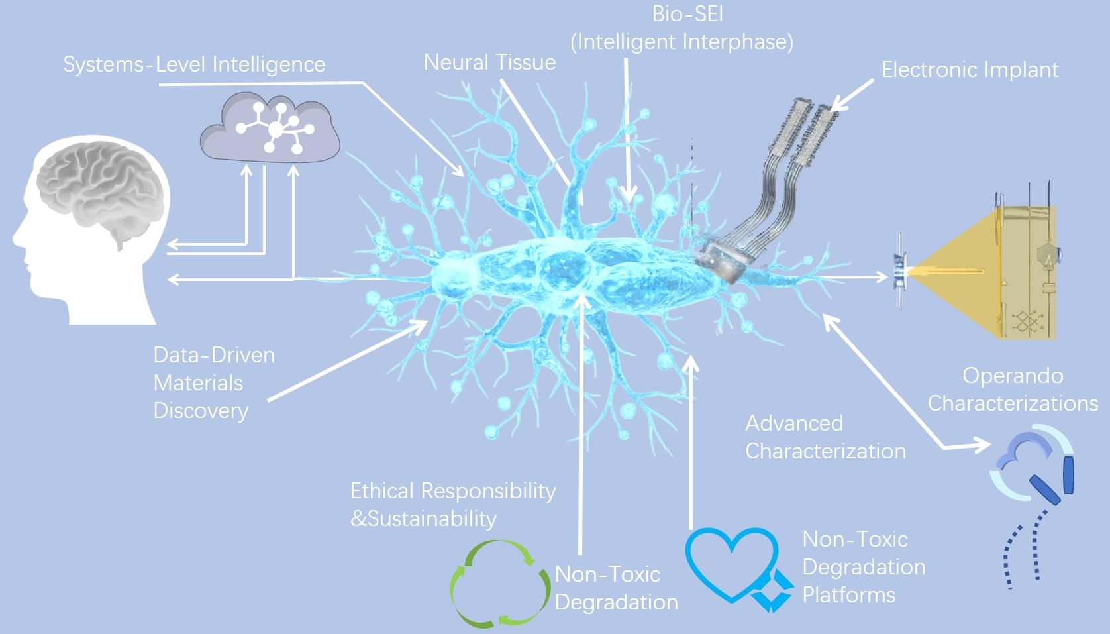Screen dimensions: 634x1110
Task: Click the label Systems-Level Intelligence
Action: pyautogui.click(x=194, y=65)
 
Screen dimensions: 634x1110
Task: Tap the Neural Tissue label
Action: pyautogui.click(x=489, y=62)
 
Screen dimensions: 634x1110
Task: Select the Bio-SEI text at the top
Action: pyautogui.click(x=682, y=14)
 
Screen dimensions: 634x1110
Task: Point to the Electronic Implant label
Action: pyautogui.click(x=970, y=70)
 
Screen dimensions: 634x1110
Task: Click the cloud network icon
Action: pyautogui.click(x=270, y=128)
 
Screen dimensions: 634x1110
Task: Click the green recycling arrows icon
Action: pyautogui.click(x=499, y=584)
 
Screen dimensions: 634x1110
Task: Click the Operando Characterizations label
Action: pyautogui.click(x=1013, y=390)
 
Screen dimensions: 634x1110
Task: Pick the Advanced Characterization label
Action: pyautogui.click(x=825, y=437)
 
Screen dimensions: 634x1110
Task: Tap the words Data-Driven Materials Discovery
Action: pyautogui.click(x=214, y=383)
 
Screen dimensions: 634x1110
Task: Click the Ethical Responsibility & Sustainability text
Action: pyautogui.click(x=452, y=504)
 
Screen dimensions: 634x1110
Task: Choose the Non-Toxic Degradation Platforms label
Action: pyautogui.click(x=864, y=567)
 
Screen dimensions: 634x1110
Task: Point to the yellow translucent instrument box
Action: pyautogui.click(x=1023, y=272)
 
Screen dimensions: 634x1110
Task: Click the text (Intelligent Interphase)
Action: pyautogui.click(x=682, y=42)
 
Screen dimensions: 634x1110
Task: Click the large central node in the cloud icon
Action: pyautogui.click(x=275, y=129)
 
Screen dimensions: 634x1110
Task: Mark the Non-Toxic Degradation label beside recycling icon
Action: pyautogui.click(x=616, y=588)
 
